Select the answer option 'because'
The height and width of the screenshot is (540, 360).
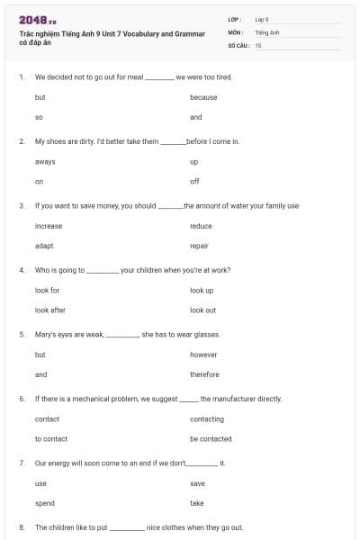click(203, 97)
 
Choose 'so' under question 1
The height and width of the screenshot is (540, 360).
click(39, 117)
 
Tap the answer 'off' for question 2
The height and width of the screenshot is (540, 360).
click(194, 182)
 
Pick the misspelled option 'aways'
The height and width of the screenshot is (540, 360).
click(45, 162)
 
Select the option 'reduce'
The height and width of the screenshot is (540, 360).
click(201, 226)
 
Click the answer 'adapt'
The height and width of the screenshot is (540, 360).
click(44, 246)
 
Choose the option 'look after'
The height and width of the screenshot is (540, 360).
click(49, 310)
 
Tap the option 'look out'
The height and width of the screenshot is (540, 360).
click(202, 310)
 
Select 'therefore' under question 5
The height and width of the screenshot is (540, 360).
click(204, 374)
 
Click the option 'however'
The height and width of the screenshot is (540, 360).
click(203, 355)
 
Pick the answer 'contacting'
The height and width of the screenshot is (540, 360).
click(207, 419)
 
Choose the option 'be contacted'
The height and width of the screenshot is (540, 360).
click(211, 439)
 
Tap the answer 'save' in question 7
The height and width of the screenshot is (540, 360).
click(197, 483)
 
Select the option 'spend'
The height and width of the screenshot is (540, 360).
click(44, 503)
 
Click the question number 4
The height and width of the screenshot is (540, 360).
click(21, 270)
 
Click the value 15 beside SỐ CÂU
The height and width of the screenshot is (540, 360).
click(258, 45)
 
